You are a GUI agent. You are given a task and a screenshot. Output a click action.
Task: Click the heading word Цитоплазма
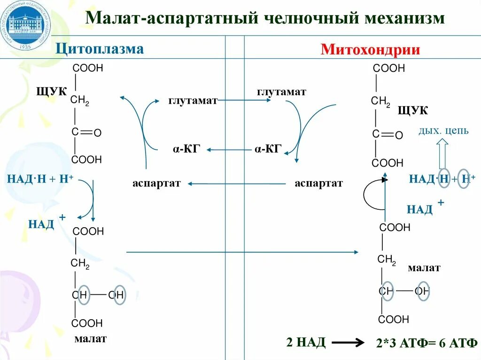click(x=100, y=49)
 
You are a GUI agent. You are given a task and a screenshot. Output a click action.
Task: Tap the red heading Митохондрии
click(x=370, y=49)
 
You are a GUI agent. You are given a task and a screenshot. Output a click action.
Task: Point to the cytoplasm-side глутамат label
click(x=193, y=100)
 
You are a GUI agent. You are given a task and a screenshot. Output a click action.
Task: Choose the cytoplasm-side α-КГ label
click(x=186, y=149)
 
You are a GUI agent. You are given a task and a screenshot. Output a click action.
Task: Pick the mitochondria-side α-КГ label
click(x=268, y=149)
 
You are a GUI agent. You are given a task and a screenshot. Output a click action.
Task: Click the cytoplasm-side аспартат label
click(x=156, y=184)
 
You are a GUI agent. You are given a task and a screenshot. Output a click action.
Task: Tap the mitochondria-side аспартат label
click(x=318, y=184)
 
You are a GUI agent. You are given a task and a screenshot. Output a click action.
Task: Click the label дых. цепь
click(x=443, y=130)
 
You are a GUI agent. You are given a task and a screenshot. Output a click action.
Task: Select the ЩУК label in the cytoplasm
click(x=52, y=91)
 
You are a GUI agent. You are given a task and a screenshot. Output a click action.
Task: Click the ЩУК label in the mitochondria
click(x=412, y=110)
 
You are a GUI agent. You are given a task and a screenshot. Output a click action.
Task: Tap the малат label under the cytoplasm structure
click(x=90, y=338)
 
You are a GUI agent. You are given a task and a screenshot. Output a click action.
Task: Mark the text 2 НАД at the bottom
click(x=306, y=342)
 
